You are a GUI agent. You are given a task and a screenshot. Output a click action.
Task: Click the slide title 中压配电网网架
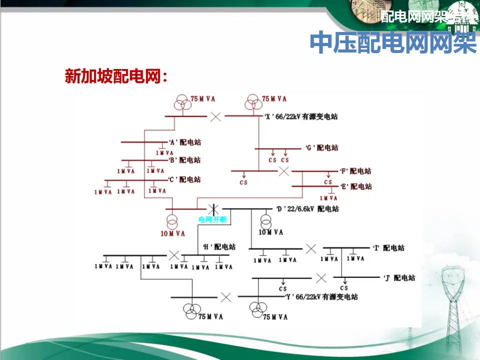coord(393,43)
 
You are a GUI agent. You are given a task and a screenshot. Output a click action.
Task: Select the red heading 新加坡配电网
coord(115,76)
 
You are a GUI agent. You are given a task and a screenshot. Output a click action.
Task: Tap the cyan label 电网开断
coord(212,219)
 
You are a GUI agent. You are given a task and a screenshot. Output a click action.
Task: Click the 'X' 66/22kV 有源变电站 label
coord(301,116)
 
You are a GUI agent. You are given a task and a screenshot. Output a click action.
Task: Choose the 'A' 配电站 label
coord(184,142)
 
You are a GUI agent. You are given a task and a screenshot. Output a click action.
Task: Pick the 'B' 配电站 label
coord(184,160)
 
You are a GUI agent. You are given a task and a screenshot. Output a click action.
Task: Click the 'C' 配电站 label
coord(184,179)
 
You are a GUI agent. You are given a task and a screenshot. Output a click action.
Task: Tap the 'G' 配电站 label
coord(322,148)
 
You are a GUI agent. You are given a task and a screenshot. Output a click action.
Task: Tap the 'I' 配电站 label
coord(389,248)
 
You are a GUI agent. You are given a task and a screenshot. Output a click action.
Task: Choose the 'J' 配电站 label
coord(399,278)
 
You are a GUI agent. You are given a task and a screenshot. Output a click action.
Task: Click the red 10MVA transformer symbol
coord(172,221)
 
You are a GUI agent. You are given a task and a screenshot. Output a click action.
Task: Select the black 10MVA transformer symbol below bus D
coord(265,220)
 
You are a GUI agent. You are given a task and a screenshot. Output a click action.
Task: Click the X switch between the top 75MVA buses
coord(215,116)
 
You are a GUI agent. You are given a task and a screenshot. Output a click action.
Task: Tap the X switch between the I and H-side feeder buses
coord(311,248)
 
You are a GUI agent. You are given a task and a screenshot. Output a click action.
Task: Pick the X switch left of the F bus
coord(284,171)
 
